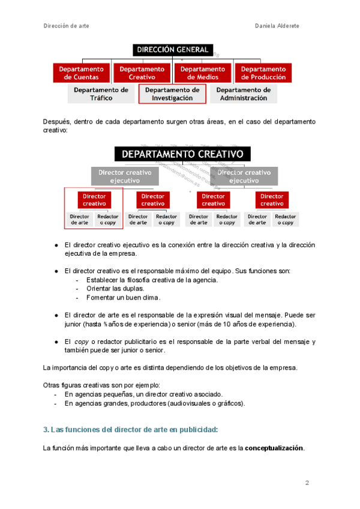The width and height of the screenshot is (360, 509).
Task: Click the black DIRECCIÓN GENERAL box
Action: [172, 50]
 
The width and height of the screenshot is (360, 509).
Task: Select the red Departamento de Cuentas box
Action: [82, 73]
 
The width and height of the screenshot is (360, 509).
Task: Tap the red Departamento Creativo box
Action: [142, 73]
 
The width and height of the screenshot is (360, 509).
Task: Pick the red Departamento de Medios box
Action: [203, 73]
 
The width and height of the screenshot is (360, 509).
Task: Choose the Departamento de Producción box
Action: [263, 73]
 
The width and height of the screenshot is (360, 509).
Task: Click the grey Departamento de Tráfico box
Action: [101, 94]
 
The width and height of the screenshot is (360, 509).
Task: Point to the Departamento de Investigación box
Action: [172, 94]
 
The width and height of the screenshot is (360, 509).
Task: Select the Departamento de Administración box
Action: [243, 94]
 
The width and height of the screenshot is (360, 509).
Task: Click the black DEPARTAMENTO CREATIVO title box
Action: [182, 154]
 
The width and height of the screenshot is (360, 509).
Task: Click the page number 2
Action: [307, 483]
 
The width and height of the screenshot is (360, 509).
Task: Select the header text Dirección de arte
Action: [67, 26]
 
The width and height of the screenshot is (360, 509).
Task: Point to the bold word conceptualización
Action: [274, 448]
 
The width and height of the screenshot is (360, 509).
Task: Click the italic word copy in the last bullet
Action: [82, 342]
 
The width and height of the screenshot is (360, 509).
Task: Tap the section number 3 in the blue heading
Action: [46, 430]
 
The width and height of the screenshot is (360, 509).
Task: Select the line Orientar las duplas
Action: [115, 289]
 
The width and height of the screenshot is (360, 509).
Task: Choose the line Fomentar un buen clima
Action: [123, 297]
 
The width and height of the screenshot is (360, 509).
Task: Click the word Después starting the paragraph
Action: [56, 122]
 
